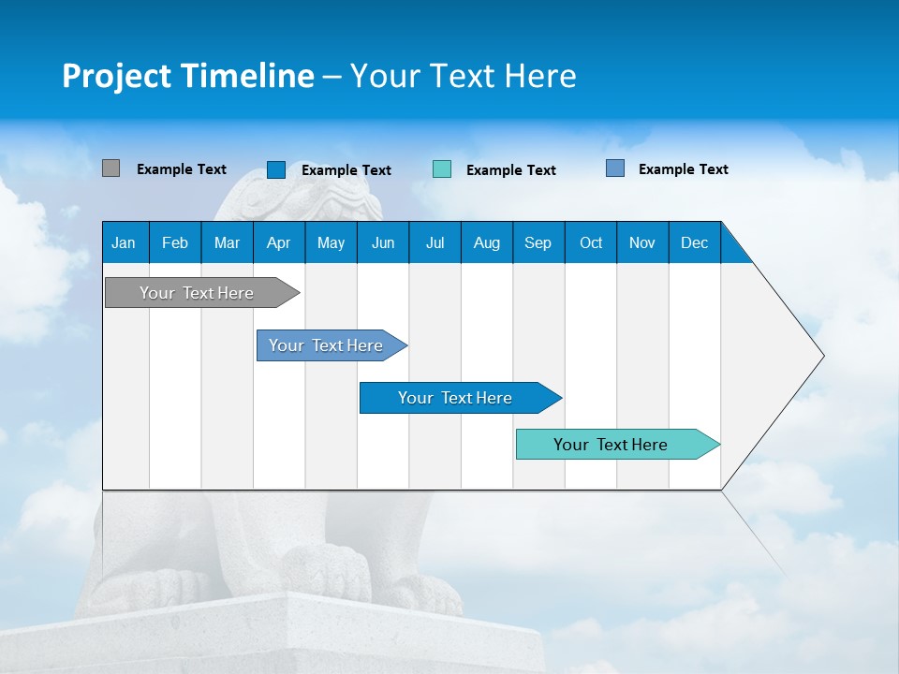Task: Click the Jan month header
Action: pyautogui.click(x=124, y=242)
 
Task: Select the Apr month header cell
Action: pyautogui.click(x=278, y=242)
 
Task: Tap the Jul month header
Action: pyautogui.click(x=435, y=242)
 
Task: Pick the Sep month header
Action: pyautogui.click(x=538, y=242)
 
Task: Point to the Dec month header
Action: pyautogui.click(x=694, y=242)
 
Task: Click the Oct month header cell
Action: pyautogui.click(x=591, y=242)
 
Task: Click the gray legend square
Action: pyautogui.click(x=111, y=168)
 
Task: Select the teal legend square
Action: pyautogui.click(x=442, y=169)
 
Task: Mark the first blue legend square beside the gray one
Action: pyautogui.click(x=276, y=169)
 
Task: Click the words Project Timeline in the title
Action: pyautogui.click(x=187, y=76)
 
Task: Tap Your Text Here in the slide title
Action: pyautogui.click(x=463, y=76)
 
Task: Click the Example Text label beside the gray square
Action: pyautogui.click(x=182, y=169)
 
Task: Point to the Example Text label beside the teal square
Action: pyautogui.click(x=511, y=170)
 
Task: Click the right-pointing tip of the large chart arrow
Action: pyautogui.click(x=820, y=356)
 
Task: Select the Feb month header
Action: pyautogui.click(x=175, y=242)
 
